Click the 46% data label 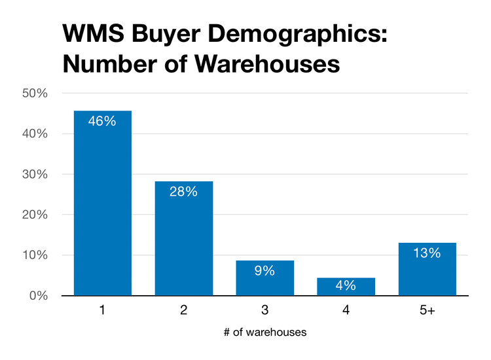103,121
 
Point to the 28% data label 184,192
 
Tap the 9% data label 265,270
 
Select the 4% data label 346,285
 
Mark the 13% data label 427,253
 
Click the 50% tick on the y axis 35,93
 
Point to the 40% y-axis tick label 35,134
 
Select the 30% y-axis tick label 35,174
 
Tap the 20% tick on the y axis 35,215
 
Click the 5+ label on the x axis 427,311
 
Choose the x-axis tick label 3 265,311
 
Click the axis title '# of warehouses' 265,332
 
